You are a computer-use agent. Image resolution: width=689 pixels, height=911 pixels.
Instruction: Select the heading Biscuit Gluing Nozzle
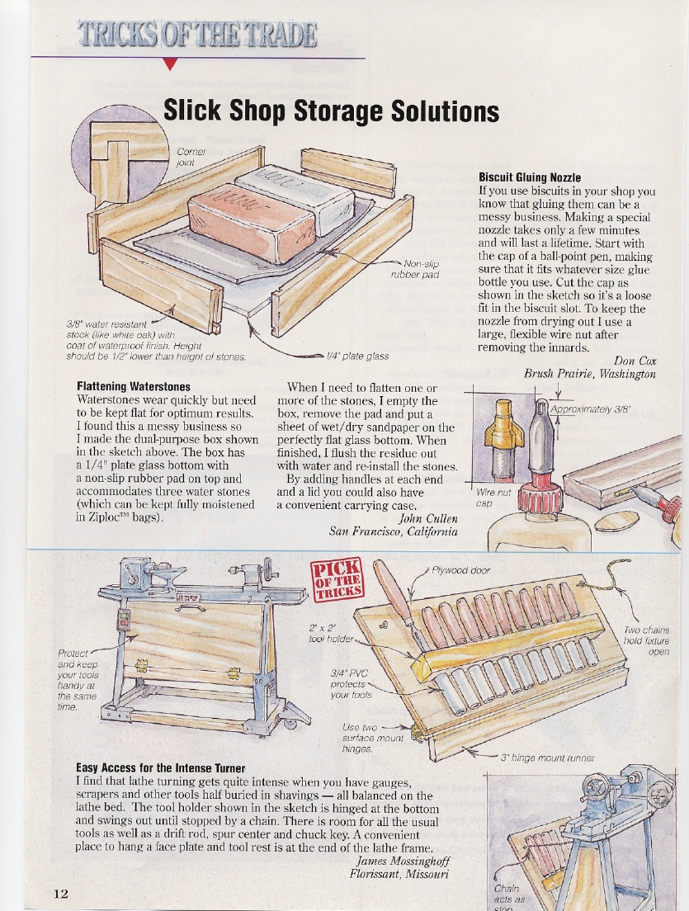530,177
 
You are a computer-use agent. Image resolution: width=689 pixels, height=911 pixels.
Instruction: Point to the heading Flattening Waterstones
133,386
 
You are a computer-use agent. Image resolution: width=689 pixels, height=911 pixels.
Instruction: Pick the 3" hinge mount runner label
547,757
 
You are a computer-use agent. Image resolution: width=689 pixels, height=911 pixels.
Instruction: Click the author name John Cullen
428,518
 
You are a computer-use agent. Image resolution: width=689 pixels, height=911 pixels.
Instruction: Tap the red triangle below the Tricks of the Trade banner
169,65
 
